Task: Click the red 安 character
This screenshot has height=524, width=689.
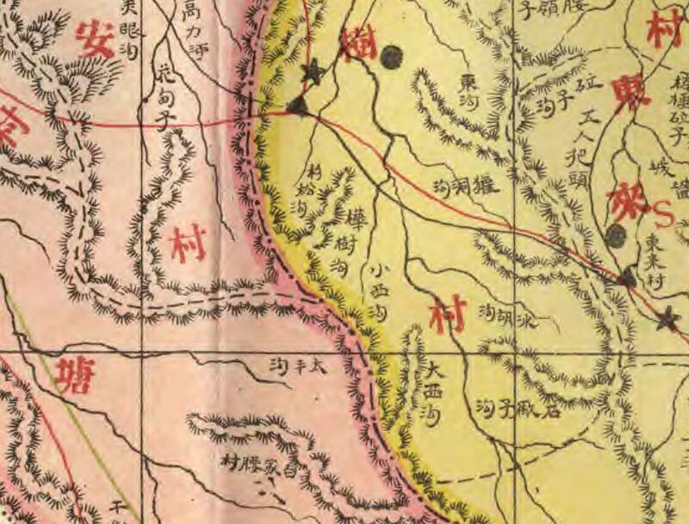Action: (94, 40)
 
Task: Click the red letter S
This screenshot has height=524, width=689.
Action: (664, 210)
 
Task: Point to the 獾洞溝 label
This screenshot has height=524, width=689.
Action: (468, 186)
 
